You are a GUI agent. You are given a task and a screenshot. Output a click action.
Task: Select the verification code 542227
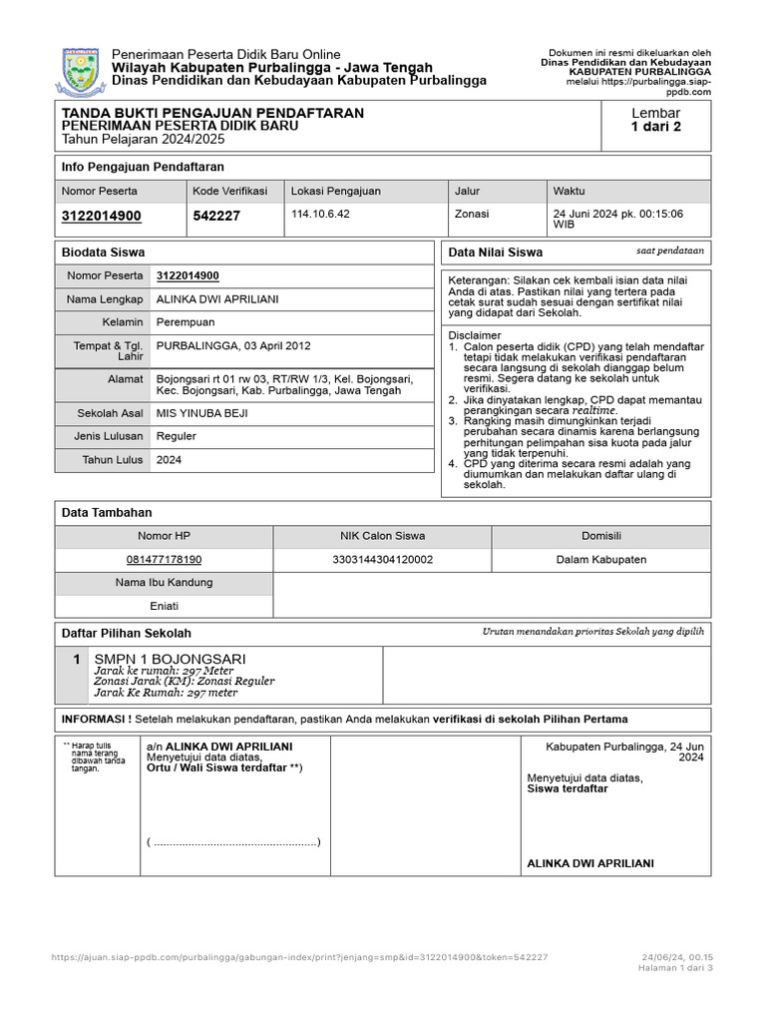216,216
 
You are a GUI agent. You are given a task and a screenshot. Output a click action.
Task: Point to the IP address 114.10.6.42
320,214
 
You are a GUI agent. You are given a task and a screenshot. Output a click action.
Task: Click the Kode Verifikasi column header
225,191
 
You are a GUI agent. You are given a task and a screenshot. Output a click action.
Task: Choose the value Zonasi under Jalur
472,214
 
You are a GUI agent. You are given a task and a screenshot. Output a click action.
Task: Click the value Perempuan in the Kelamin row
186,322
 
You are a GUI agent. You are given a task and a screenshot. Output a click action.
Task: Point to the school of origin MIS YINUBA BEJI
202,412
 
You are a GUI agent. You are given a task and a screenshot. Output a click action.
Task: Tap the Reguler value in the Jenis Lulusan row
177,436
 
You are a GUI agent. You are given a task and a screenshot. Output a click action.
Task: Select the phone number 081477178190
164,560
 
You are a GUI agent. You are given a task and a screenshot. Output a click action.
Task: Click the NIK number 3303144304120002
382,560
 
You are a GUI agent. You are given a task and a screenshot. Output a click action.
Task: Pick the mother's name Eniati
164,606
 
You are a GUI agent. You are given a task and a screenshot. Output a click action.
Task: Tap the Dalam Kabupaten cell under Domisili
601,560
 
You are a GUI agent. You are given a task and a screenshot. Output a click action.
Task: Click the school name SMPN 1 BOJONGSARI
170,659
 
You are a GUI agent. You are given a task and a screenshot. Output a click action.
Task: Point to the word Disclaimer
475,335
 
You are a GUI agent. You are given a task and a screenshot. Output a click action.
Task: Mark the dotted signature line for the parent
233,842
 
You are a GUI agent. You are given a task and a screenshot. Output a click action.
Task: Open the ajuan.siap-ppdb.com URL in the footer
299,957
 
